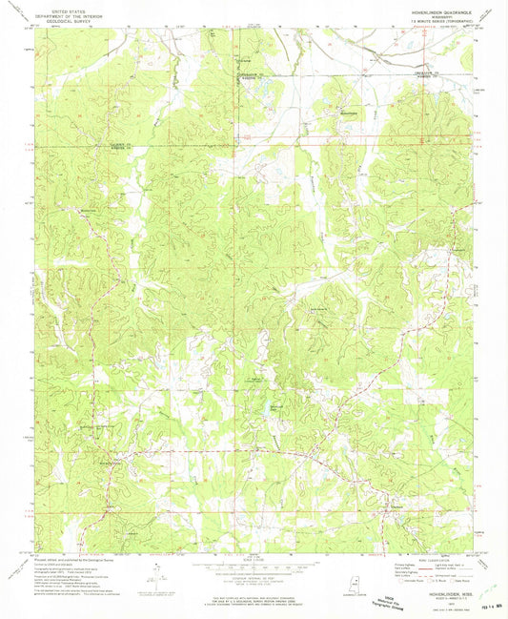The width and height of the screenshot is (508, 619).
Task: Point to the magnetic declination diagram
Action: tap(152, 578)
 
